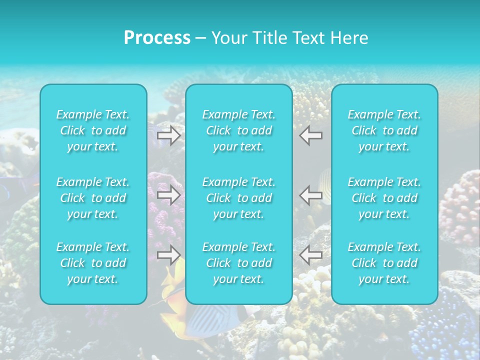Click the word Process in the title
tap(157, 38)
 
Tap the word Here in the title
tap(349, 38)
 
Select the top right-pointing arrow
tap(169, 135)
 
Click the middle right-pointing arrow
tap(169, 195)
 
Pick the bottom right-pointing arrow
tap(169, 255)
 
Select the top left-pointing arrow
tap(311, 135)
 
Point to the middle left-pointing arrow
tap(311, 195)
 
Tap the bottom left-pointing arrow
tap(311, 255)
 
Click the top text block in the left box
tap(93, 130)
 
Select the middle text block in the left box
tap(93, 198)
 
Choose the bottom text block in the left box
tap(93, 263)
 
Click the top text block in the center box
tap(239, 130)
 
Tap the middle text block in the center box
tap(239, 198)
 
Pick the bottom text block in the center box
tap(239, 263)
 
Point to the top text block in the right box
tap(384, 130)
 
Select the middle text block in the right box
tap(384, 198)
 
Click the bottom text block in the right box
tap(384, 263)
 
